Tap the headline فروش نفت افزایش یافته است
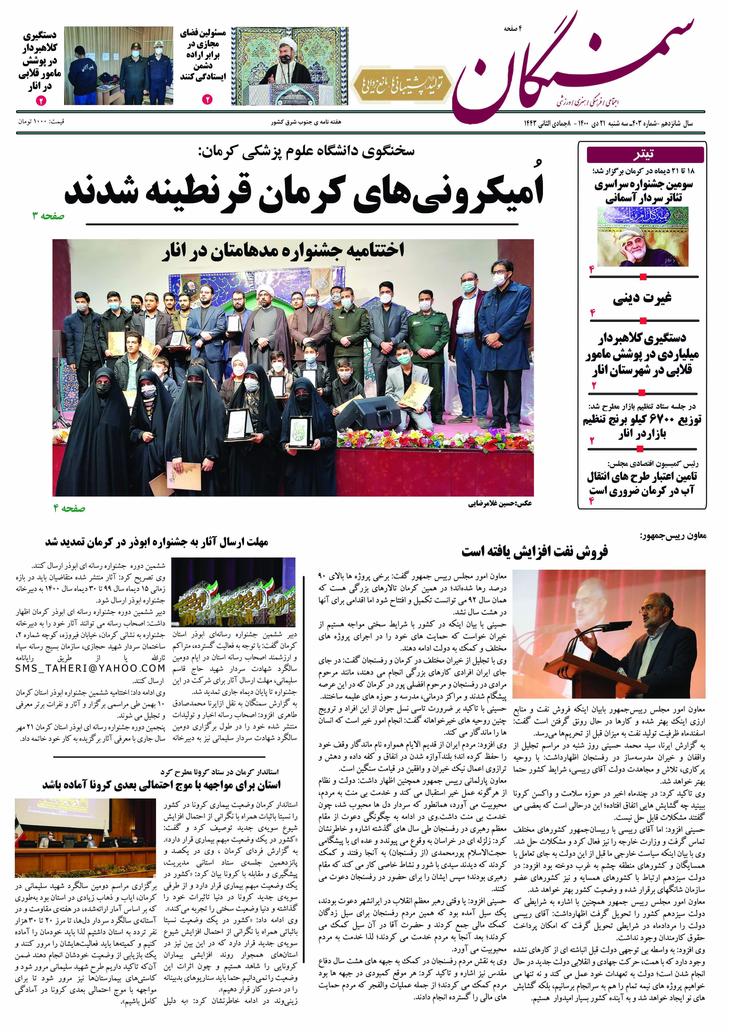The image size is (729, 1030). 534,551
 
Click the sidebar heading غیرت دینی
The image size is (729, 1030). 642,298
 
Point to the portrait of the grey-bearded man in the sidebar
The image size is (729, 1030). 642,237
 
